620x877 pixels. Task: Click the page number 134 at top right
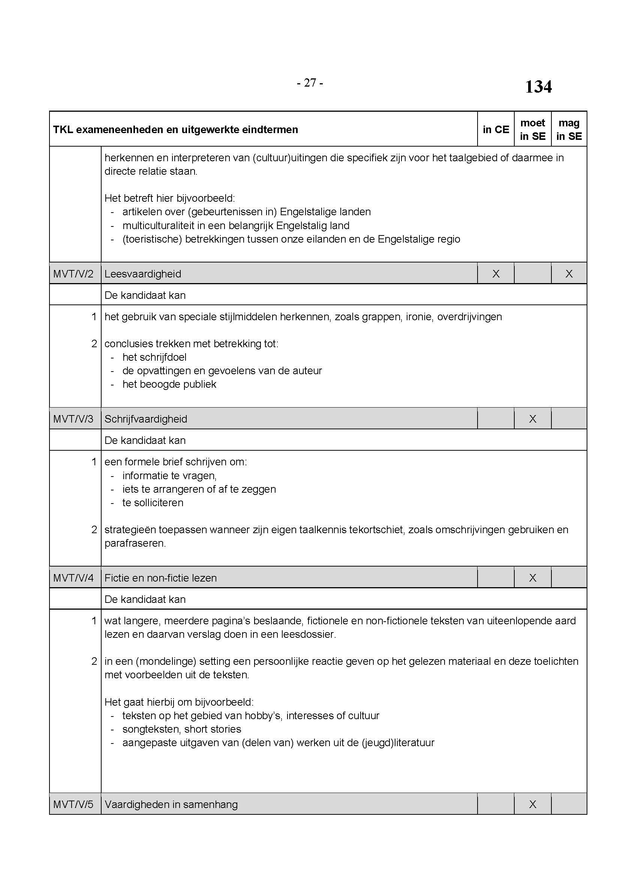pos(538,87)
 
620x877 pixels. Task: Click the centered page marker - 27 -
pos(310,83)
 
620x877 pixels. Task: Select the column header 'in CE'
pos(496,129)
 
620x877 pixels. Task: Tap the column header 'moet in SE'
pos(533,129)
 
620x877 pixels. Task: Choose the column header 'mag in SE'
pos(569,129)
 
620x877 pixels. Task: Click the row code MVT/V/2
pos(73,274)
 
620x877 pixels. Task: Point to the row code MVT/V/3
pos(73,419)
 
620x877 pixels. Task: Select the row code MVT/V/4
pos(73,578)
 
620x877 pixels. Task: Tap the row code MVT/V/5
pos(73,804)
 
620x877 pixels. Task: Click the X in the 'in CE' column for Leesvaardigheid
pos(496,274)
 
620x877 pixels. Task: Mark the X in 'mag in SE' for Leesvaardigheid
pos(569,274)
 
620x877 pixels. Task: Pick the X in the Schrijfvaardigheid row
pos(533,419)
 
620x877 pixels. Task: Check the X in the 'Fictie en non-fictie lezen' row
pos(533,578)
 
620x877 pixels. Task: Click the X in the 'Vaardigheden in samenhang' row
pos(533,804)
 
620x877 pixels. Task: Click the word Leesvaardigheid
pos(143,274)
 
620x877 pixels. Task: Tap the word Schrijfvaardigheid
pos(146,419)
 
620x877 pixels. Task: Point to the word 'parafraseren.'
pos(135,543)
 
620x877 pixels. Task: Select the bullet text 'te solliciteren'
pos(153,503)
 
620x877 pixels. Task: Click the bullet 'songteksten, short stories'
pos(182,729)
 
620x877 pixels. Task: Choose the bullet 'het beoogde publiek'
pos(169,384)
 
